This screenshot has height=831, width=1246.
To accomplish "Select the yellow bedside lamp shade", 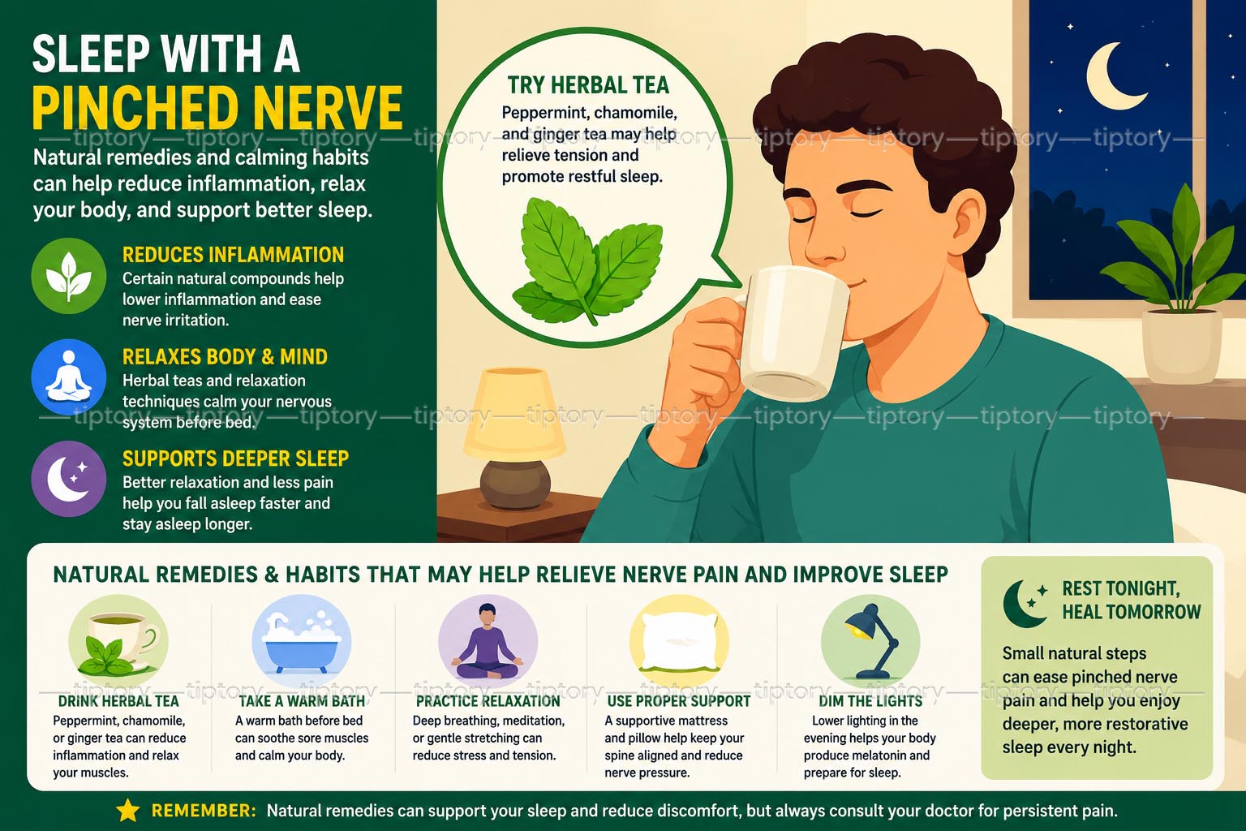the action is pos(514,415).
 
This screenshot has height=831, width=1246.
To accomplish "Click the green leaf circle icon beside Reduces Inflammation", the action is pos(68,276).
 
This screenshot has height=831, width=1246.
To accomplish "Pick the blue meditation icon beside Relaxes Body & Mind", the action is pos(68,377).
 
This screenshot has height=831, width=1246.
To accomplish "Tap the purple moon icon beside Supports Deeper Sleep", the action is pos(68,479).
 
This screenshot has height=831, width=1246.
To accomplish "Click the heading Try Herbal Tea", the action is pos(588,85).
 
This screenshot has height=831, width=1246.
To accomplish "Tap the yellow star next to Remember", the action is pos(128,811).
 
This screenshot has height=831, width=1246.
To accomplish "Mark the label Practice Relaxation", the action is pos(488,701).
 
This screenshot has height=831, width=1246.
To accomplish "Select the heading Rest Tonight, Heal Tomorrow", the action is pos(1132,600).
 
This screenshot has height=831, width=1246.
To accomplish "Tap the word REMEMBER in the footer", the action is pos(204,811).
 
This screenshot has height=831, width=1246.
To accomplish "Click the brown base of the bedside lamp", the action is pos(515,484).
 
